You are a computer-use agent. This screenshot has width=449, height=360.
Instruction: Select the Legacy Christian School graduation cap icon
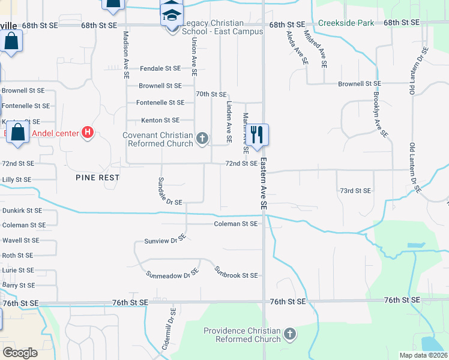pos(171,14)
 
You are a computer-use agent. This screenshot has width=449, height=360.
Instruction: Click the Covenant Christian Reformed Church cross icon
pos(202,139)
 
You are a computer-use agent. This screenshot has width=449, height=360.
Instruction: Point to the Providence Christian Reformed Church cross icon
pos(289,334)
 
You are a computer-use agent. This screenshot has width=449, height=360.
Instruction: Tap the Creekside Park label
pos(346,23)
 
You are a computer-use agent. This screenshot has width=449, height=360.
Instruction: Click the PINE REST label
pos(98,178)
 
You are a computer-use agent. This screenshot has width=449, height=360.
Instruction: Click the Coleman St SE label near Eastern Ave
pos(236,224)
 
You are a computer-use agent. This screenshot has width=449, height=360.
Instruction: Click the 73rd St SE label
pos(355,190)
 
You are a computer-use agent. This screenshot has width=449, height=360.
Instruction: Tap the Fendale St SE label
pos(160,69)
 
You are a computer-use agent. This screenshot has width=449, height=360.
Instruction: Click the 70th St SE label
pos(211,94)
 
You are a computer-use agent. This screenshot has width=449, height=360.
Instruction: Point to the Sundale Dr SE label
pos(169,191)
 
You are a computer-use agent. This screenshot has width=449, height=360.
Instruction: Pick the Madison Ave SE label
pos(127,56)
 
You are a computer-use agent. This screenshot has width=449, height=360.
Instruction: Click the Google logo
pos(19,353)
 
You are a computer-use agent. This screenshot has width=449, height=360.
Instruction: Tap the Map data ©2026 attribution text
pos(423,355)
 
